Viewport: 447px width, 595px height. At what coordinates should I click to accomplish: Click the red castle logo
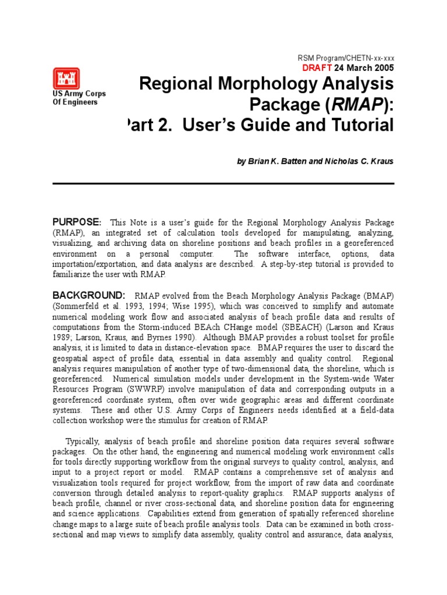point(66,78)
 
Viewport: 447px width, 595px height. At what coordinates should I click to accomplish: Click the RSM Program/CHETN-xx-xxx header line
point(346,58)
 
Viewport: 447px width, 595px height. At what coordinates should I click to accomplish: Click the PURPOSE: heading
point(77,222)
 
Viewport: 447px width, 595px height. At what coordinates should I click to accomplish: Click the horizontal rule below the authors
point(223,182)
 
